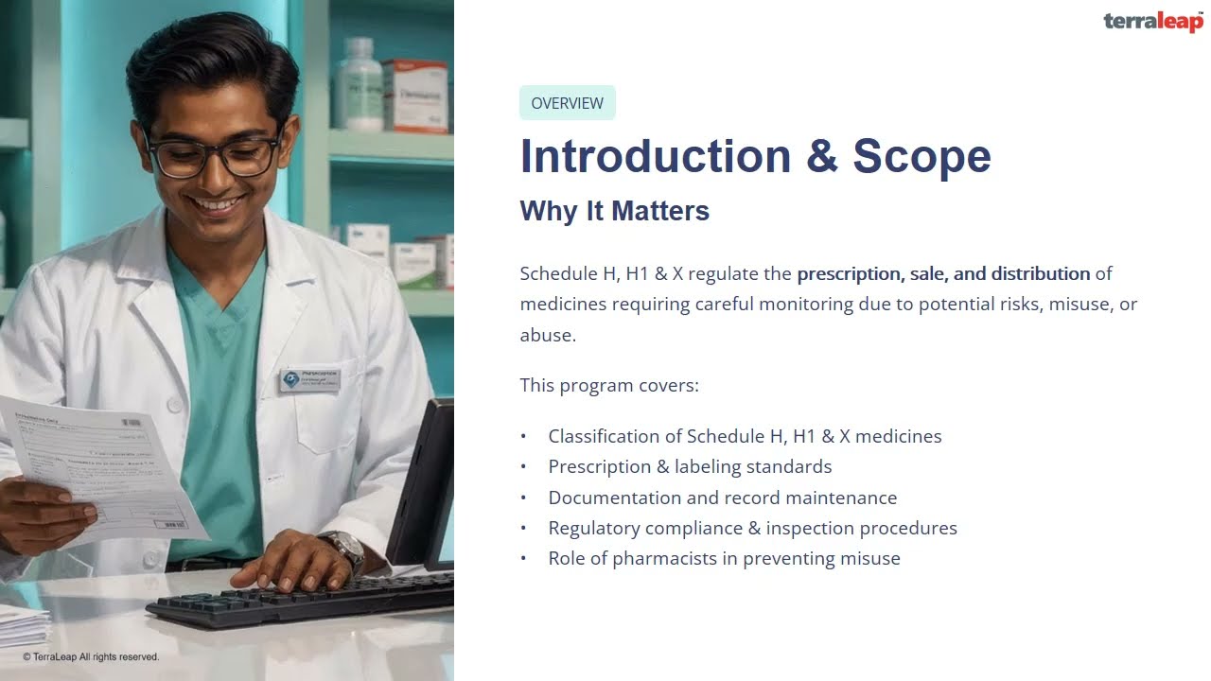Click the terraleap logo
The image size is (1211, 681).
[1152, 22]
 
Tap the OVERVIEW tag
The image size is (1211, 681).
[567, 103]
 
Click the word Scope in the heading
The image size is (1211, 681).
[921, 156]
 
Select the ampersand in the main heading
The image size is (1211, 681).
[822, 157]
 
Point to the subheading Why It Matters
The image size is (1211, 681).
[614, 210]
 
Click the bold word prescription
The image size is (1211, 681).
[849, 274]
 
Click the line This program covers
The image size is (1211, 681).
[609, 385]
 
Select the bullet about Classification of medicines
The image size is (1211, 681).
[745, 436]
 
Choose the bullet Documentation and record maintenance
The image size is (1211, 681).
[722, 498]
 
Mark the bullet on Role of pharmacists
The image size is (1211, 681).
[724, 558]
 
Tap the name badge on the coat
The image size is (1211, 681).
[309, 380]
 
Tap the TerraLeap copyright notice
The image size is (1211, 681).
[91, 656]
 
